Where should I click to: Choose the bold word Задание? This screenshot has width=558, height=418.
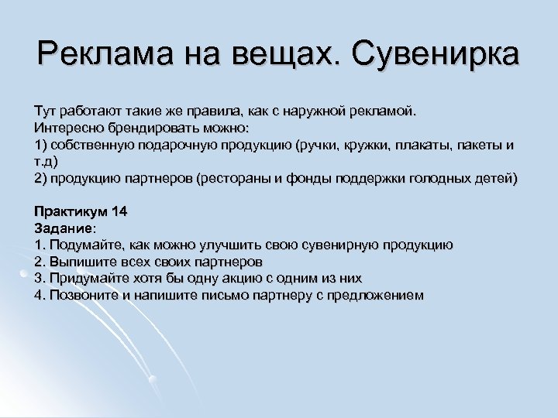click(x=64, y=228)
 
